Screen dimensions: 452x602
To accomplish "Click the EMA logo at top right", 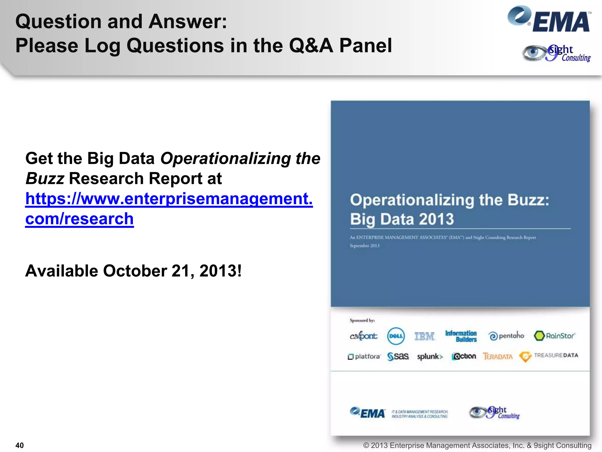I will pos(549,19).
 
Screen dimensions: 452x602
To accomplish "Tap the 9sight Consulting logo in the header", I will pos(556,53).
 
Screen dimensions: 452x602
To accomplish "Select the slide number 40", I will pos(19,445).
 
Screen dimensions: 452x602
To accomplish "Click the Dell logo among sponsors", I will pos(396,336).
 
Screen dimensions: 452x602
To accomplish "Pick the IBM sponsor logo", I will pos(424,336).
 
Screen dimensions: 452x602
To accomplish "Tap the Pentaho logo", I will pos(506,336).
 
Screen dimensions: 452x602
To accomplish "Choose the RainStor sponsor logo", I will pos(554,336).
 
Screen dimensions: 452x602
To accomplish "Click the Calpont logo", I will pos(363,336).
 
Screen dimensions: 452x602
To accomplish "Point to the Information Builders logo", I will pos(461,336).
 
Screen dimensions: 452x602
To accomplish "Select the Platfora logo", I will pos(364,356).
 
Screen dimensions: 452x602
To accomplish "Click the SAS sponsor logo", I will pos(398,356).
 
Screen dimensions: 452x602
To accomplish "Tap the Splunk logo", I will pos(429,357).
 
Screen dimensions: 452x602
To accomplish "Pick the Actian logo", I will pos(464,356).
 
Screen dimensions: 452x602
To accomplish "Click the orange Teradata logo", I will pos(498,356).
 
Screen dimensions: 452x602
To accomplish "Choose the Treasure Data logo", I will pos(549,356).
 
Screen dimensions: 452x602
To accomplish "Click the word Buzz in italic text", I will pos(45,179).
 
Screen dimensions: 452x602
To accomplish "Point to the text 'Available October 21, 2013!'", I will pos(133,271).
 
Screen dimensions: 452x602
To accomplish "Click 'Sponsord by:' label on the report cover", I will pos(362,320).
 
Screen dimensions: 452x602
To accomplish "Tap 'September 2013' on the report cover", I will pos(364,246).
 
